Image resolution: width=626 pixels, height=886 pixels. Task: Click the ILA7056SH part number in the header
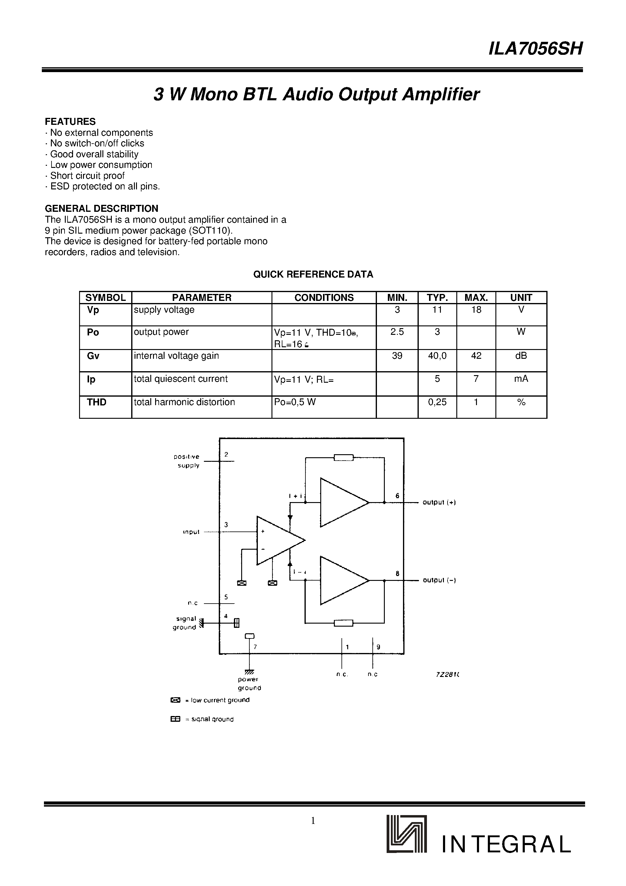[535, 49]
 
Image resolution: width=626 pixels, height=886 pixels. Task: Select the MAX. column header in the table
[476, 298]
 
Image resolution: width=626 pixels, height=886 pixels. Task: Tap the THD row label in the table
[96, 402]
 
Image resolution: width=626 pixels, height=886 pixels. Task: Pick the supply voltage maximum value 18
[476, 309]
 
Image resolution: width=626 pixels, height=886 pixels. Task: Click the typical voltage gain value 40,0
[437, 356]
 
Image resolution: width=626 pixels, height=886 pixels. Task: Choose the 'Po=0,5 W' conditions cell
[295, 402]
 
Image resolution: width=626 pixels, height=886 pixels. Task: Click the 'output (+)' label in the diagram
[439, 502]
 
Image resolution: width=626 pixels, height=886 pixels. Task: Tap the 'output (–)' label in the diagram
[439, 580]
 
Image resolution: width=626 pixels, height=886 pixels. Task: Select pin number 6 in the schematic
[397, 496]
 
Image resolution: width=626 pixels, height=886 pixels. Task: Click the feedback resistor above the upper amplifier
[343, 458]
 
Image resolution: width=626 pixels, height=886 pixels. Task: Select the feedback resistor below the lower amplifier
[343, 623]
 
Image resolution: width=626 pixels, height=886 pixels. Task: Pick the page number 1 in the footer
[313, 821]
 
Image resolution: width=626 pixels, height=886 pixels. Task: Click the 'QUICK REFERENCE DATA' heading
[313, 274]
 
